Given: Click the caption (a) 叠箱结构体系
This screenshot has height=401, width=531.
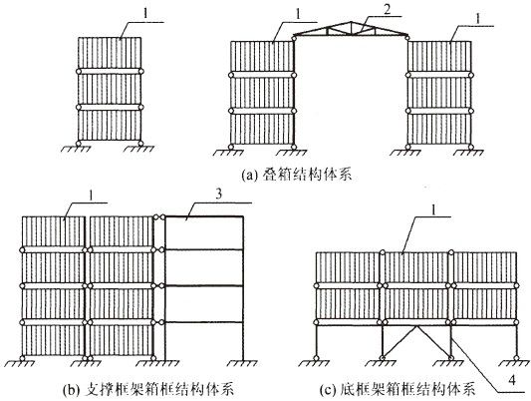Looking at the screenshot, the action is coord(297,175).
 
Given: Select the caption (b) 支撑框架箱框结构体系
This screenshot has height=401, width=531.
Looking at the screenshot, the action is coord(148,389).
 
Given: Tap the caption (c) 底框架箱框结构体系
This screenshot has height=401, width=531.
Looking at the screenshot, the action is coord(398,389).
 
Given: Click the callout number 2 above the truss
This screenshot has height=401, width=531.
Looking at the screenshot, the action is coord(387,9).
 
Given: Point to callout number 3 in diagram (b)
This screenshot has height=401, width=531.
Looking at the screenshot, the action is coord(219,195).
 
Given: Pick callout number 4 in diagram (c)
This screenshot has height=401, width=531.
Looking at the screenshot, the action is coord(512,380).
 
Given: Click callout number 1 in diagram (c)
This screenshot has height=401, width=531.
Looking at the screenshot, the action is coord(434,209).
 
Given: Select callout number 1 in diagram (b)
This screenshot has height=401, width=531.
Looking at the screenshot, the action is coord(91,196).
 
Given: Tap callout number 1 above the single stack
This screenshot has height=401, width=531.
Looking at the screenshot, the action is coord(146,14).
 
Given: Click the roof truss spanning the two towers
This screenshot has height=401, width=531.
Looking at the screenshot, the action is coord(351,30).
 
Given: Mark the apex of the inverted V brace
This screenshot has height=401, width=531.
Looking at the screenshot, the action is coord(416,326).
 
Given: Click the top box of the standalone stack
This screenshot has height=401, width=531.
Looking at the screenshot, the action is coord(110,53).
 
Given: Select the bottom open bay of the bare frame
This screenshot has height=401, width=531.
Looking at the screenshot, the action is coord(204,341).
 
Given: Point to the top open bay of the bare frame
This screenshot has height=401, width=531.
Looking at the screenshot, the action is coord(204,232).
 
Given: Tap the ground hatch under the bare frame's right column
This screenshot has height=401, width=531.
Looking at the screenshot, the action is coord(242,363).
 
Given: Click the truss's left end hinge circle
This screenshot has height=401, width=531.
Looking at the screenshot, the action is coord(294,37).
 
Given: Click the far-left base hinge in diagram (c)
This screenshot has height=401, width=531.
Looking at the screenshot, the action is coord(316,357).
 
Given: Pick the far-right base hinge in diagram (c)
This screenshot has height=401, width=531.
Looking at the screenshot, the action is coord(516,357).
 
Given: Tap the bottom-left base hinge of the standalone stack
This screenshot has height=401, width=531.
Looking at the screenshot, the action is coord(79,144).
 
